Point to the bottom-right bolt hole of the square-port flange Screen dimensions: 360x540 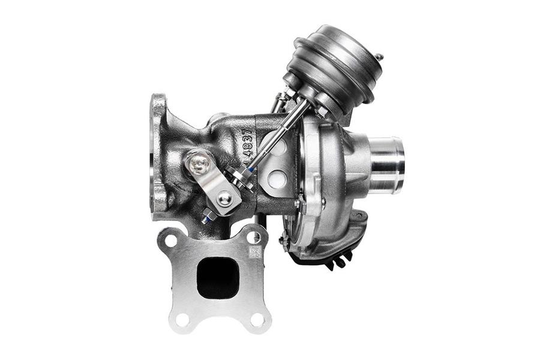click(x=258, y=319)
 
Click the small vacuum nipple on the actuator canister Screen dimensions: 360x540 click(x=379, y=58)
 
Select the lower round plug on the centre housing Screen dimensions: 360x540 click(x=277, y=178)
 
